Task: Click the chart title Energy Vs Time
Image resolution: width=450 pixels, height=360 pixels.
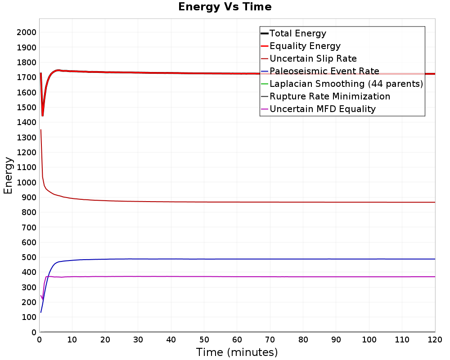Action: [225, 7]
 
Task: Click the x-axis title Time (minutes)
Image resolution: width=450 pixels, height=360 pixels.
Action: [237, 352]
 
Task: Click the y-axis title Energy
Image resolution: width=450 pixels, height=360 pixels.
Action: [8, 175]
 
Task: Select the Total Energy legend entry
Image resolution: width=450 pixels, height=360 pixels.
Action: [293, 33]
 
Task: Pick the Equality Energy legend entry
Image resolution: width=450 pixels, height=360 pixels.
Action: [301, 46]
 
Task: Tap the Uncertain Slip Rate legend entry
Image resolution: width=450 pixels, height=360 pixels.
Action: [309, 58]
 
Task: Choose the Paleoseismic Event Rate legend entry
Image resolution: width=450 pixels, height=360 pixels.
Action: [320, 71]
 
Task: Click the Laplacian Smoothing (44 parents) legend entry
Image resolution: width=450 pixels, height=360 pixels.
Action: [342, 84]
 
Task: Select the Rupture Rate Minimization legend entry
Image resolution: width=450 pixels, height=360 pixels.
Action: [325, 96]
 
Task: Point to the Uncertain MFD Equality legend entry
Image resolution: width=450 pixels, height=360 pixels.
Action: [318, 109]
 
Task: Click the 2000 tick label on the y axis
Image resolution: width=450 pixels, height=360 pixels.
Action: [27, 32]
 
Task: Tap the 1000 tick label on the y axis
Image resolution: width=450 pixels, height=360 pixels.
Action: [27, 182]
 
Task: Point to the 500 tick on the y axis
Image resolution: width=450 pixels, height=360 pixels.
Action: [29, 257]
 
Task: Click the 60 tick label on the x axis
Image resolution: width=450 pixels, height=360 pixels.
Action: [237, 340]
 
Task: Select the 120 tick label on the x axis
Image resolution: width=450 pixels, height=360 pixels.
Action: [435, 340]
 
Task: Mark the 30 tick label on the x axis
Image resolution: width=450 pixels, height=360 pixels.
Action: [138, 340]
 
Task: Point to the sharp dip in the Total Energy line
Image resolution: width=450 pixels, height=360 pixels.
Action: [42, 115]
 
